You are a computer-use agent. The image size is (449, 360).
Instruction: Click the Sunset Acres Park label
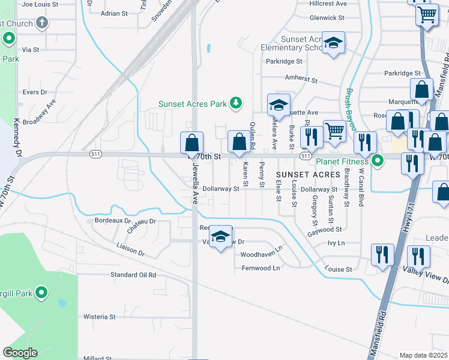coord(192,104)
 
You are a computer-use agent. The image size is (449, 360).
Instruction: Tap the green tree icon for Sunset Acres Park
coord(237,103)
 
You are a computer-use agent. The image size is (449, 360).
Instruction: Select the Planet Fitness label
coord(344,161)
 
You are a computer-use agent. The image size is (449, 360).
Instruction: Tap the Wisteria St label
coord(100,316)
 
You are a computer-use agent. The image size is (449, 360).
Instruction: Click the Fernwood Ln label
coord(261,268)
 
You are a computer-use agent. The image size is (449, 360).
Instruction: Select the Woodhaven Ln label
coord(261,255)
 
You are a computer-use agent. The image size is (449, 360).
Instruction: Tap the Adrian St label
coord(114,13)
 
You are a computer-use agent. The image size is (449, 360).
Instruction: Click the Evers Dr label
coord(35,92)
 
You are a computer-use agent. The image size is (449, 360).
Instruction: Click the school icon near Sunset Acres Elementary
coord(334,43)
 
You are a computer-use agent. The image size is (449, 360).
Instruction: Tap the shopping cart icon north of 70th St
coord(334,131)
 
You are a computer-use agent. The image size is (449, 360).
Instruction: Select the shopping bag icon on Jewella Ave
coord(191,143)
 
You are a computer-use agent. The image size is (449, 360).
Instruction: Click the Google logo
coord(20,353)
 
